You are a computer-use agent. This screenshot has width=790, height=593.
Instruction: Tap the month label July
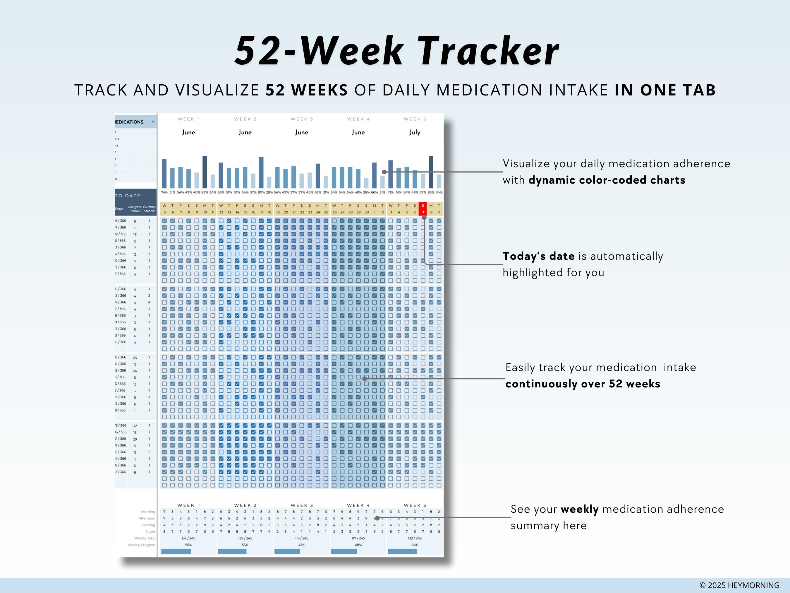415,132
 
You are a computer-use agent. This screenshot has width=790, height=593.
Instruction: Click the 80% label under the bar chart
261,193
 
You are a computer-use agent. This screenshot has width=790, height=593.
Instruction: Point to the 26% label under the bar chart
366,193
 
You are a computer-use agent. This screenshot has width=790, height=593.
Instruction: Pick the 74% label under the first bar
164,193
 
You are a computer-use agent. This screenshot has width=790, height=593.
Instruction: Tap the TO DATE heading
128,196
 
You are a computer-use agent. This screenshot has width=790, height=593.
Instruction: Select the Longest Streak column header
135,209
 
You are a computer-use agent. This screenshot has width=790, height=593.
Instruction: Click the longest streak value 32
135,426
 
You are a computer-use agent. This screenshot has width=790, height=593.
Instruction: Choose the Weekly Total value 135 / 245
188,538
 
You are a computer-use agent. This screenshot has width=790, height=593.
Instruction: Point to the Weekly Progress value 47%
302,545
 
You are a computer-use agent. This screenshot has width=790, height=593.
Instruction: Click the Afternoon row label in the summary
147,518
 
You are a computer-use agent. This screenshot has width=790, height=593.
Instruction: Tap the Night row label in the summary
150,532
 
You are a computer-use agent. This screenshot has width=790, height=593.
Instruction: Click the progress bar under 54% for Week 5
402,551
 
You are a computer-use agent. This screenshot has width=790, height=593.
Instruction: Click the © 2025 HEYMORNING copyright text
739,585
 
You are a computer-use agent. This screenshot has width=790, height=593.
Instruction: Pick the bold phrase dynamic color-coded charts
607,180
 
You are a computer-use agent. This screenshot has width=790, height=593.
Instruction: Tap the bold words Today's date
539,256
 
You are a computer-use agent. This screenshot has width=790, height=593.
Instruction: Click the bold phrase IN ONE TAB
665,90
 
